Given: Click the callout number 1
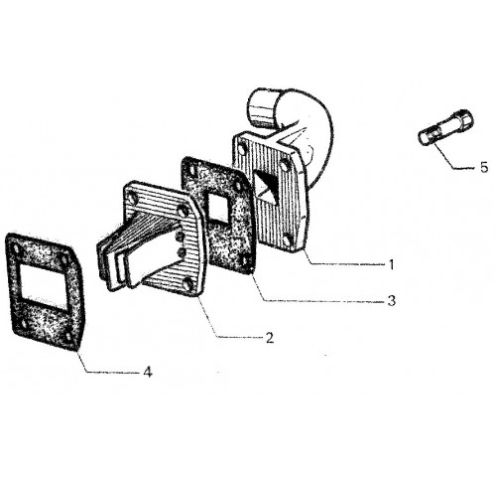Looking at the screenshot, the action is pyautogui.click(x=391, y=264).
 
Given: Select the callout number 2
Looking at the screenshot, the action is pyautogui.click(x=270, y=338).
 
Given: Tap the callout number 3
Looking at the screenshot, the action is pyautogui.click(x=392, y=301).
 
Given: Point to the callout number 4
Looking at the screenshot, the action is pyautogui.click(x=148, y=373).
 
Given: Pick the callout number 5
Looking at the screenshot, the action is pyautogui.click(x=484, y=168).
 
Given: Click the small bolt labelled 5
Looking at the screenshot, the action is pyautogui.click(x=445, y=128).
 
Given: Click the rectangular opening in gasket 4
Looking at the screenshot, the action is pyautogui.click(x=44, y=287).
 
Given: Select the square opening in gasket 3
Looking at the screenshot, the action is pyautogui.click(x=218, y=208).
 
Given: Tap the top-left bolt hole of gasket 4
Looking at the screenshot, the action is pyautogui.click(x=16, y=249).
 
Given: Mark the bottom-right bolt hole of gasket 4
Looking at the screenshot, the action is pyautogui.click(x=69, y=338).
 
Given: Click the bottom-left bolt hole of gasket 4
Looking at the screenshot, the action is pyautogui.click(x=23, y=323).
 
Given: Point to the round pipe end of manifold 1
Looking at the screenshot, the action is pyautogui.click(x=261, y=108).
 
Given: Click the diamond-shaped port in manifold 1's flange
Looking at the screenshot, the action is pyautogui.click(x=267, y=186).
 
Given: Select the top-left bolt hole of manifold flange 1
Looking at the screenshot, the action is pyautogui.click(x=243, y=149).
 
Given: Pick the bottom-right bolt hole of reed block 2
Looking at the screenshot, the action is pyautogui.click(x=188, y=284).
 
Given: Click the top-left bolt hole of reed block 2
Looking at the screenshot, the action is pyautogui.click(x=133, y=199).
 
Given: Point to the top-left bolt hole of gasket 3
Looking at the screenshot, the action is pyautogui.click(x=190, y=169).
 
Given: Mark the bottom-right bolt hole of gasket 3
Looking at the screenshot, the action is pyautogui.click(x=245, y=261).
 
